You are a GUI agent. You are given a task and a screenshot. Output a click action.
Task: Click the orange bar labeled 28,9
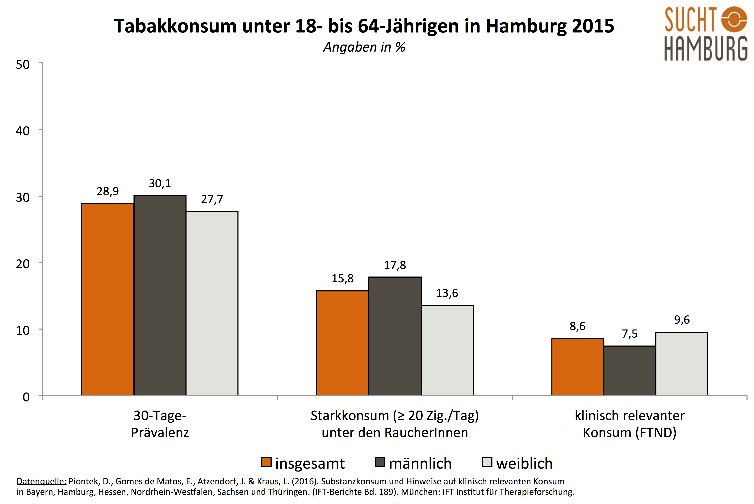tap(108, 299)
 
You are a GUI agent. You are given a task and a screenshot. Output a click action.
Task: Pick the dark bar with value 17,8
tap(395, 336)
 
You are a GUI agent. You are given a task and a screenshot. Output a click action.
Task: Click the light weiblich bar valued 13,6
tap(447, 350)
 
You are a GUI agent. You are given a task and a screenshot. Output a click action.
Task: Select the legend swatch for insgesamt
tap(266, 462)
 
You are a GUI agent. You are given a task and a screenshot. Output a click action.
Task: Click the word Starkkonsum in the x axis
tap(349, 416)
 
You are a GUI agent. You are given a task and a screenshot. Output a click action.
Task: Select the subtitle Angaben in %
tap(364, 47)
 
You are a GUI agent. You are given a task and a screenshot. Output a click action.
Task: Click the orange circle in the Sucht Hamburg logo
tap(734, 19)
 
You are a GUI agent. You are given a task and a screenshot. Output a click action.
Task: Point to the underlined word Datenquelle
tap(41, 481)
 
